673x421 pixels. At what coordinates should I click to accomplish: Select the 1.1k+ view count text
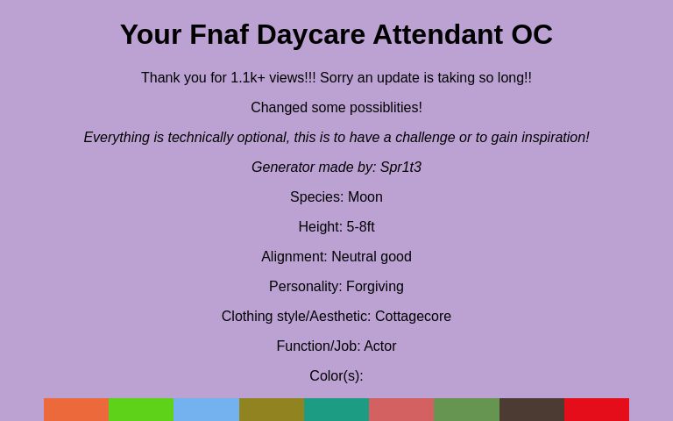pos(248,78)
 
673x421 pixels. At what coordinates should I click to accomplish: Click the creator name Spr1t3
pos(400,168)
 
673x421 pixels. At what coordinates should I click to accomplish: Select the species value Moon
pos(365,197)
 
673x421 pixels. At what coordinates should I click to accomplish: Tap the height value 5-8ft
pos(360,227)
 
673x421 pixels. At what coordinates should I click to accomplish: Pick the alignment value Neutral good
pos(372,257)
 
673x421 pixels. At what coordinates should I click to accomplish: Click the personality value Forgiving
pos(375,287)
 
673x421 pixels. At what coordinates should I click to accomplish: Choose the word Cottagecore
pos(413,317)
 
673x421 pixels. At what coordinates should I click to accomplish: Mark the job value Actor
pos(380,346)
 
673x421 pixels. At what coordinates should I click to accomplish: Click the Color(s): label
pos(336,376)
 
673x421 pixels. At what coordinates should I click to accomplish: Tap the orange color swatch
pos(76,410)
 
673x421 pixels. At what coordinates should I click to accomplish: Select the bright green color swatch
pos(141,410)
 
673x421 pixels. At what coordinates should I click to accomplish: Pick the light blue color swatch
pos(206,410)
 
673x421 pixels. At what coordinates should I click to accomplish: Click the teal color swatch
pos(336,410)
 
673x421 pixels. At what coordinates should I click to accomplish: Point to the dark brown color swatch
pos(532,410)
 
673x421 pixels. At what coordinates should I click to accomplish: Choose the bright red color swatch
pos(597,410)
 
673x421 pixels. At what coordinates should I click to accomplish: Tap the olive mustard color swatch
pos(272,410)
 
